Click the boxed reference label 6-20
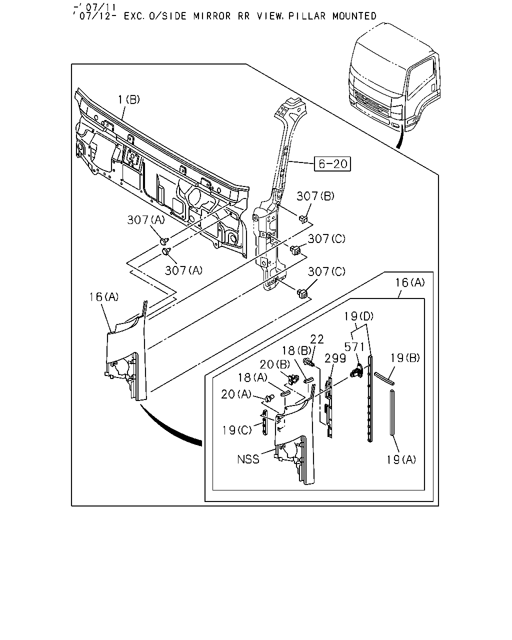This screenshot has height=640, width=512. (332, 163)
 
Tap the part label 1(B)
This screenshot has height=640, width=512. (129, 99)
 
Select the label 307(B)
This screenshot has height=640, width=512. (315, 196)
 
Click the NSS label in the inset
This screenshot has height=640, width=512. (248, 459)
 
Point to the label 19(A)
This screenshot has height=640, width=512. (401, 460)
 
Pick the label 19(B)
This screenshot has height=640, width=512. (405, 358)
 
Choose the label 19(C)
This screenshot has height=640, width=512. (237, 430)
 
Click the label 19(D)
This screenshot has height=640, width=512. (359, 316)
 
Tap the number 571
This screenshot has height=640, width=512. (354, 347)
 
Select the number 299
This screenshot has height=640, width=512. (335, 358)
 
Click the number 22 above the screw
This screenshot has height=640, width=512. (317, 339)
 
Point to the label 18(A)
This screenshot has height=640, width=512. (252, 377)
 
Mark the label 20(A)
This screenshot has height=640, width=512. (236, 394)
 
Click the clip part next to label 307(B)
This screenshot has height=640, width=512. (302, 219)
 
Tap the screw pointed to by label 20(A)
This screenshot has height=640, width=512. (269, 397)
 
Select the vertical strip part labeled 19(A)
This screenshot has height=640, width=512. (392, 412)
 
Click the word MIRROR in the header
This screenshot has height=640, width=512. (212, 16)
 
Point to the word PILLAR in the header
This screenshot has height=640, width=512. (307, 16)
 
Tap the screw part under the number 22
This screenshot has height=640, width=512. (308, 362)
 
